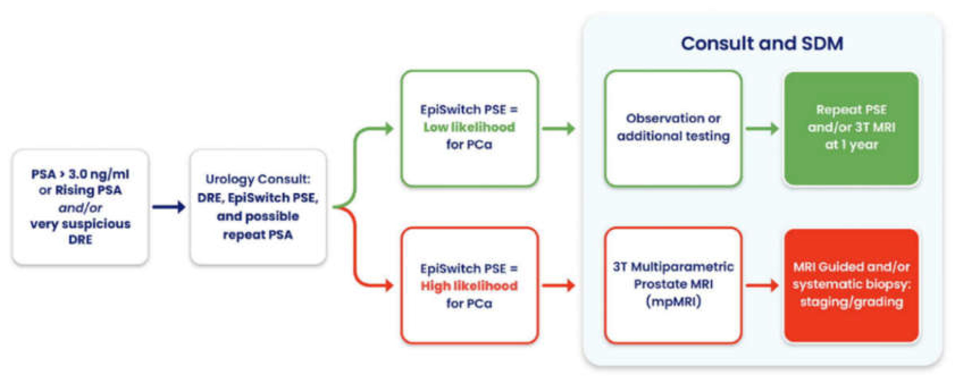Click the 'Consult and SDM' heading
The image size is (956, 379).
pyautogui.click(x=762, y=43)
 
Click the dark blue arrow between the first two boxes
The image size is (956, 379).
pyautogui.click(x=169, y=207)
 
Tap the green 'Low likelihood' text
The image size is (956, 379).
pyautogui.click(x=469, y=127)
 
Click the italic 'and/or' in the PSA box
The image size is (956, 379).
pyautogui.click(x=80, y=208)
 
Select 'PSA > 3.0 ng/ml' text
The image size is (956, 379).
pyautogui.click(x=80, y=174)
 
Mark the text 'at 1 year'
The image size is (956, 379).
pyautogui.click(x=851, y=145)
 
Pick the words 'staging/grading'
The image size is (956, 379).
pyautogui.click(x=851, y=302)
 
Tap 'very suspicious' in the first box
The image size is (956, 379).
pyautogui.click(x=80, y=224)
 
